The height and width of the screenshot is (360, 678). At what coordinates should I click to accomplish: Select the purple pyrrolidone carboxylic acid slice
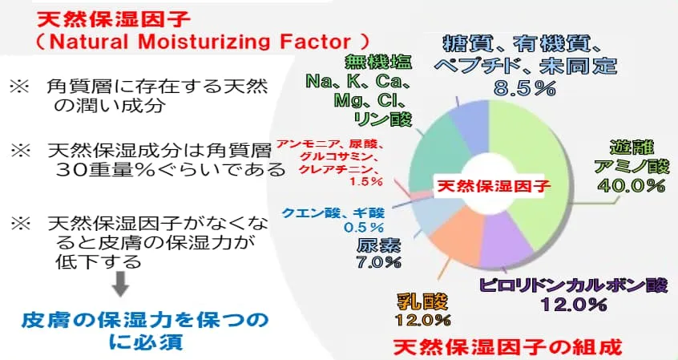[505, 242]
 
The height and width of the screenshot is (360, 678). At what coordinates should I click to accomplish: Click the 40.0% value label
[631, 186]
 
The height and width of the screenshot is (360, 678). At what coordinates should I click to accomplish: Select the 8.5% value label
[524, 88]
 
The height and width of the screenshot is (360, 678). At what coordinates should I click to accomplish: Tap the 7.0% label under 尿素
[378, 262]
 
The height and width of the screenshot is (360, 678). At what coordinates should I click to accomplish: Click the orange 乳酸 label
[422, 302]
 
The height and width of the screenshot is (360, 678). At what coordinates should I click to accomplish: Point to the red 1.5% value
[366, 181]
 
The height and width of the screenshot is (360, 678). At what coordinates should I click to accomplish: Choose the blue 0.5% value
[364, 227]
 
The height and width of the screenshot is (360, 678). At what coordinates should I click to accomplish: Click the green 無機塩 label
[378, 62]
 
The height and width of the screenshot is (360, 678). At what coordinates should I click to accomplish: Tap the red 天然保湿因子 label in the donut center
[494, 186]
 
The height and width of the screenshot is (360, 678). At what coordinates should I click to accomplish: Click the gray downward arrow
[120, 283]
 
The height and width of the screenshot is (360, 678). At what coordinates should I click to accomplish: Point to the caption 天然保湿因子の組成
[507, 346]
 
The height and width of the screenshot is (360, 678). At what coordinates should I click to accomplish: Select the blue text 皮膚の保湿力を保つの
[145, 320]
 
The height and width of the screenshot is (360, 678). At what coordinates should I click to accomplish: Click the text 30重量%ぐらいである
[171, 169]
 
